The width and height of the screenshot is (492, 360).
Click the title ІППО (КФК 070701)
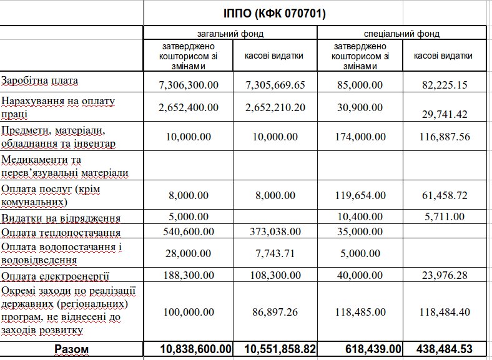pos(275,12)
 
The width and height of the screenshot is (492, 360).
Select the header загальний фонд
pos(230,33)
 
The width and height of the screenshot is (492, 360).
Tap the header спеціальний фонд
pos(401,33)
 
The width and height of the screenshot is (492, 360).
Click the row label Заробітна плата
pos(41,81)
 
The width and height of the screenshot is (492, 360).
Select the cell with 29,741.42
pos(445,114)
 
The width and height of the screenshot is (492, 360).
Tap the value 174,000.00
pos(359,137)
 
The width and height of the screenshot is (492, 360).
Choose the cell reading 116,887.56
pos(445,137)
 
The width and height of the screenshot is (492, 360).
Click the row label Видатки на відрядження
pos(61,218)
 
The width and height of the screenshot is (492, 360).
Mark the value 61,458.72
pos(445,195)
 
